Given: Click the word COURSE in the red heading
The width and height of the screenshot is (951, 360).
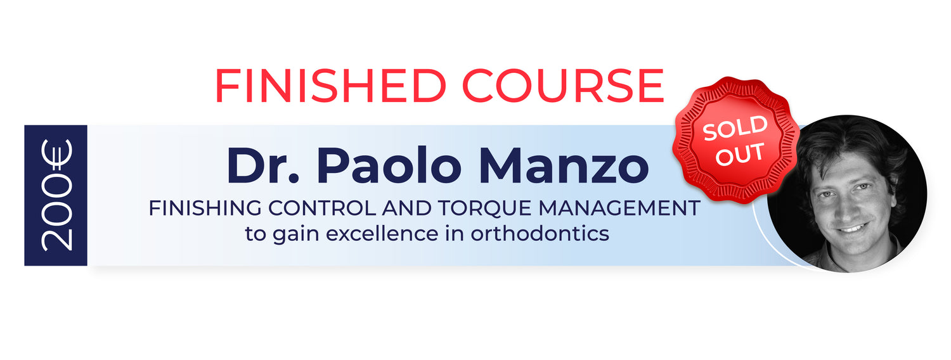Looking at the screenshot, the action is tap(563, 86).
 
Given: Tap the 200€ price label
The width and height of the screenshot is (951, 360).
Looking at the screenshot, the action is tap(56, 195).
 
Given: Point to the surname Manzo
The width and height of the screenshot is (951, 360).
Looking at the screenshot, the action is tap(564, 165).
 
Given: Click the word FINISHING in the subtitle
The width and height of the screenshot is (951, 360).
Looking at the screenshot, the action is tap(205, 209).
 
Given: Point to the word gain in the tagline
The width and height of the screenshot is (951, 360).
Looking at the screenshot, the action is tap(296, 235).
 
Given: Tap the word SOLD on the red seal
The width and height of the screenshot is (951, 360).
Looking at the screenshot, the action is tap(735, 128).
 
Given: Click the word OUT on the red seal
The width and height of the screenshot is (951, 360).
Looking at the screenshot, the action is tap(740, 154).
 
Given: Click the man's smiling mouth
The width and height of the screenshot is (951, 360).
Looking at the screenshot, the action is tap(853, 228).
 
